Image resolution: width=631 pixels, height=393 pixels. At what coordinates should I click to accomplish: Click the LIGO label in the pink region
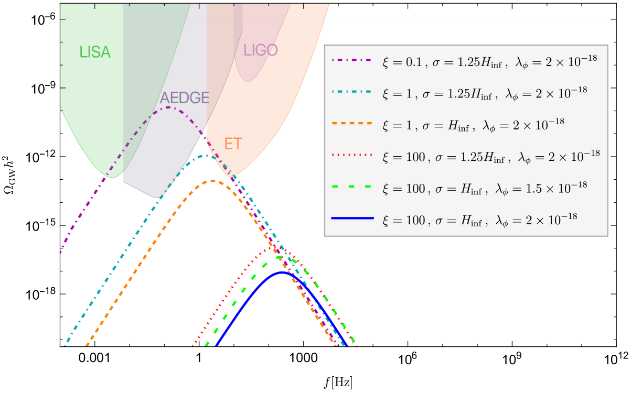tap(261, 50)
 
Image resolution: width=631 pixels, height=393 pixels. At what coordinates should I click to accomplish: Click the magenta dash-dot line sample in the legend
tap(351, 60)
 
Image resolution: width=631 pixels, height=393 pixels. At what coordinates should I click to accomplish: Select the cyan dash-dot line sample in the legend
tap(351, 92)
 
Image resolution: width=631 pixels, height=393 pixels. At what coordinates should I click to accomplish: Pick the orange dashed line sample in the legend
tap(351, 123)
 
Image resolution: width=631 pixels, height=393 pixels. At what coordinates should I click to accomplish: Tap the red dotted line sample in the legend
tap(351, 155)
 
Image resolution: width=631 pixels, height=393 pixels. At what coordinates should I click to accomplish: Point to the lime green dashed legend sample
tap(351, 186)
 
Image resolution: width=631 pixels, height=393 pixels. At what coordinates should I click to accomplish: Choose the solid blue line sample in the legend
tap(351, 217)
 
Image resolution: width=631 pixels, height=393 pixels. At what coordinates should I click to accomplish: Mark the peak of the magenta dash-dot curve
tap(168, 107)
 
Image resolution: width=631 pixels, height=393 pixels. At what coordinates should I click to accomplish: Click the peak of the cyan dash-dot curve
tap(206, 156)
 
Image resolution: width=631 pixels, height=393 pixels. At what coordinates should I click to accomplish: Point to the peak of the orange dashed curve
tap(212, 181)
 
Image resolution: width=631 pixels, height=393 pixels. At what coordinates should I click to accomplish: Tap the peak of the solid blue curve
tap(282, 272)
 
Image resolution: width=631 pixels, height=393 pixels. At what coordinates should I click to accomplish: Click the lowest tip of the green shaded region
tap(112, 178)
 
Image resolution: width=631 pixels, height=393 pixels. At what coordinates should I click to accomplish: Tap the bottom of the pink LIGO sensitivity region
tap(249, 81)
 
